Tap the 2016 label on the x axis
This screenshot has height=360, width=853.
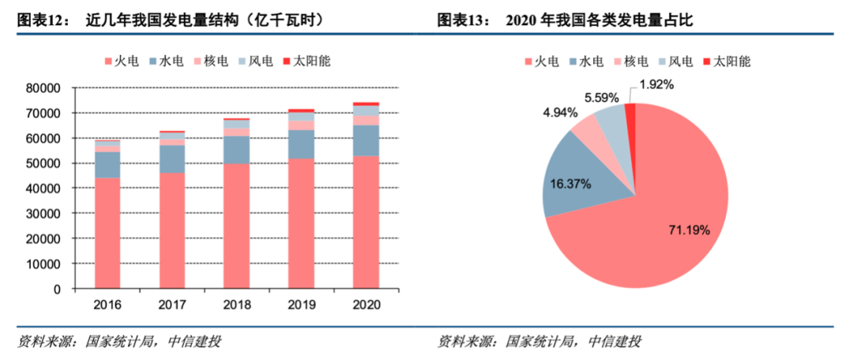107,305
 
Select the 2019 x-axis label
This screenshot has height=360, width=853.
301,305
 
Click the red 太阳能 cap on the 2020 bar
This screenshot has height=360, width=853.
366,103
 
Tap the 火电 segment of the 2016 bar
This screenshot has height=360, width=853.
107,233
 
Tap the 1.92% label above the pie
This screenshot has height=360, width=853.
657,84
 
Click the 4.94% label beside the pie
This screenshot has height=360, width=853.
560,113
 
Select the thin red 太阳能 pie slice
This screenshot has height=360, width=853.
630,114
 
